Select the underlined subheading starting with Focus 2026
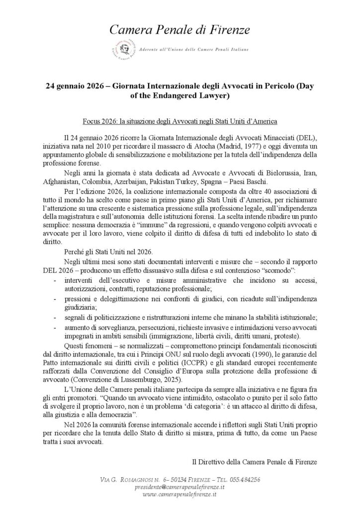(180, 122)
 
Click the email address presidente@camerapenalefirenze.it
(180, 488)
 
